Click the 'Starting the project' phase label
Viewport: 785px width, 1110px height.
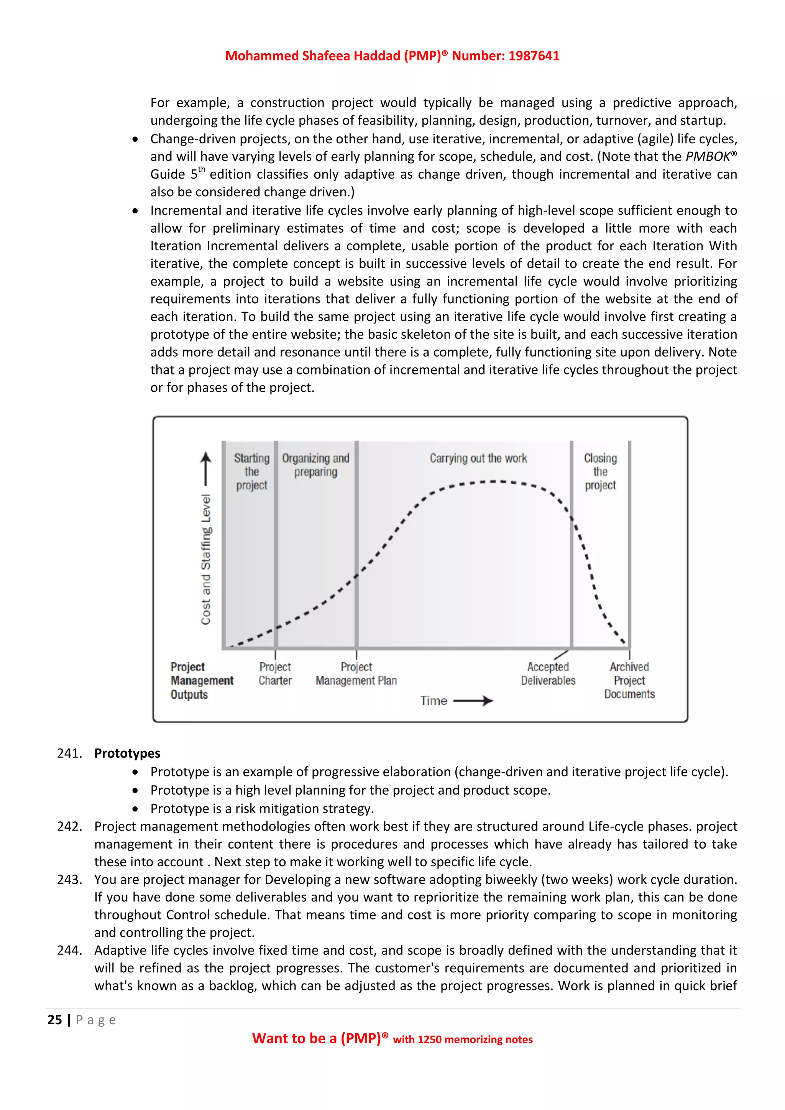[251, 471]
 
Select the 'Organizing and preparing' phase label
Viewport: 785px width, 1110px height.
[315, 465]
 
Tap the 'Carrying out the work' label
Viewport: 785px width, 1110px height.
[478, 458]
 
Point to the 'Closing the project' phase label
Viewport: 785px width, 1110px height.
[600, 471]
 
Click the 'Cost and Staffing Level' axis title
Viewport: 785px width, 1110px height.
[206, 559]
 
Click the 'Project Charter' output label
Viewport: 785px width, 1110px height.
[275, 673]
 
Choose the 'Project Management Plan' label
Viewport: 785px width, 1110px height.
[356, 673]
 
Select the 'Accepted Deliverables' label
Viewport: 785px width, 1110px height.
[548, 673]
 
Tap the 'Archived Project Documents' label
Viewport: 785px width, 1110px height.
[629, 680]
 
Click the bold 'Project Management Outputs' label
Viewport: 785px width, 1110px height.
[202, 680]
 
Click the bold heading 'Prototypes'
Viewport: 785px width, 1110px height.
[127, 753]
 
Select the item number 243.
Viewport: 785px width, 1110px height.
[69, 879]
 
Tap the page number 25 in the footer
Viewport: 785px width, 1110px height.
[55, 1020]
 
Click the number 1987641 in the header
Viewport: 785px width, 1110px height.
[534, 56]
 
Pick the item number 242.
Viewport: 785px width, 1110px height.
[69, 826]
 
